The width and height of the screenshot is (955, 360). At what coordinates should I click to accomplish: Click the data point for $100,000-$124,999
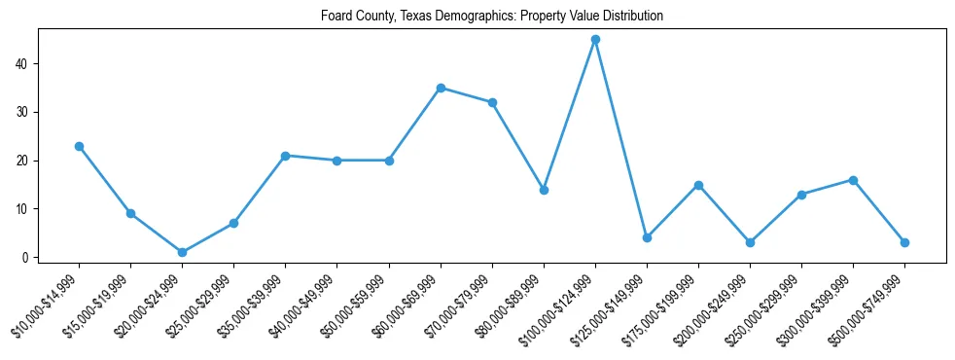tap(595, 40)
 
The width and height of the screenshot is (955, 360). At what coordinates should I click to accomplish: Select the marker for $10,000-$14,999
tap(79, 146)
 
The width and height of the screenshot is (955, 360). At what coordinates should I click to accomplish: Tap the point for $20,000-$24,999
tap(182, 253)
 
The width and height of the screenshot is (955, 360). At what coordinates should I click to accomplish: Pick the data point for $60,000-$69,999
tap(441, 88)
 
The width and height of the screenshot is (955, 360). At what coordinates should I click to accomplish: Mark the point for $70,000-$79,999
tap(492, 102)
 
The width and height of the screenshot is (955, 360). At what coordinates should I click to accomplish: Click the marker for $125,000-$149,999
tap(647, 238)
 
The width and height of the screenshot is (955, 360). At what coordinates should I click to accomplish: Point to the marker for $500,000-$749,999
tap(905, 242)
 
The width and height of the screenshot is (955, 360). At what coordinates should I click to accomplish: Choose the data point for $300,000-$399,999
tap(854, 180)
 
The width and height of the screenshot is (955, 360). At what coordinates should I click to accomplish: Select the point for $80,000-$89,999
tap(544, 190)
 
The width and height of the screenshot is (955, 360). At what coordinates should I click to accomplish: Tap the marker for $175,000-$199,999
tap(698, 185)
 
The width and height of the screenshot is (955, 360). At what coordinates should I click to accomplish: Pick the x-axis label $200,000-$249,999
tap(715, 304)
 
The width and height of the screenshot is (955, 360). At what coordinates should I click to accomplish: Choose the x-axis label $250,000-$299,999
tap(766, 304)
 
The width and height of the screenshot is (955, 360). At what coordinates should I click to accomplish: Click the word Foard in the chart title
tap(336, 17)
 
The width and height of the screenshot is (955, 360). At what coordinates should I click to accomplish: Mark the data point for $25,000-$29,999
tap(233, 224)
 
